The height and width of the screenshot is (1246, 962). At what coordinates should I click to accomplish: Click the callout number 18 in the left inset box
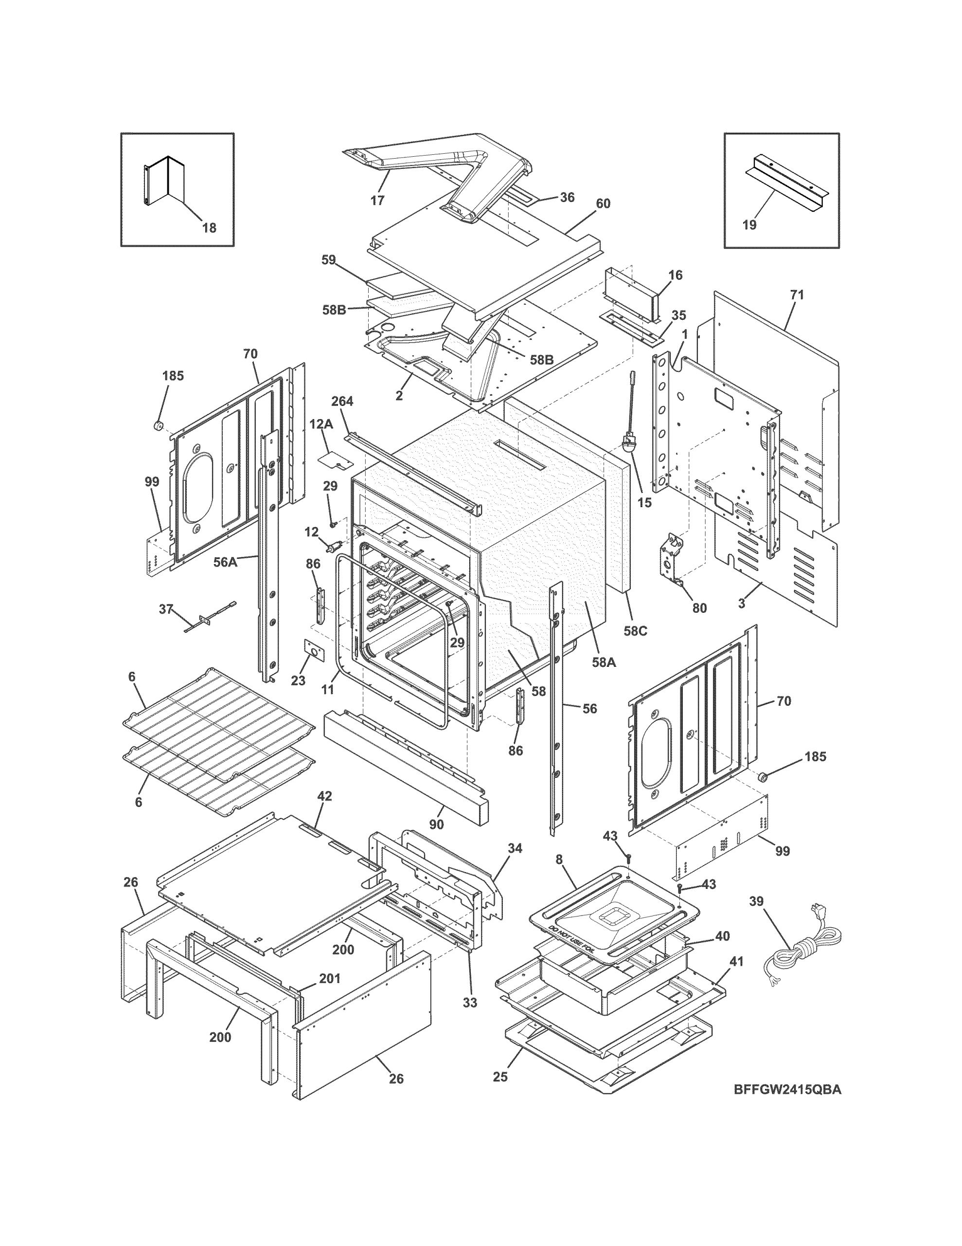pos(209,228)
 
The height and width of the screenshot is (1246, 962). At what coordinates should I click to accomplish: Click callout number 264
pos(342,401)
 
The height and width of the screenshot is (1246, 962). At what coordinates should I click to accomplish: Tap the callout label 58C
pos(635,631)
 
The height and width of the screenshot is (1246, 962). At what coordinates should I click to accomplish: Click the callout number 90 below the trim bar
pos(436,825)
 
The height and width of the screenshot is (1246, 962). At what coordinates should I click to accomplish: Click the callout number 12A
pos(321,424)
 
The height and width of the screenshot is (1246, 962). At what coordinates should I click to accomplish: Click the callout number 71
pos(797,295)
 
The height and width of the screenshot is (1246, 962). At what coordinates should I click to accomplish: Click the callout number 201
pos(329,978)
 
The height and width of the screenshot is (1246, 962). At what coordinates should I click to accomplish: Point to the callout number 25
pos(500,1077)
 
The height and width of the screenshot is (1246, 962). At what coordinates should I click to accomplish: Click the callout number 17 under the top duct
pos(377,200)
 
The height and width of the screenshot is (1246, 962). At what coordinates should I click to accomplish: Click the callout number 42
pos(324,796)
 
